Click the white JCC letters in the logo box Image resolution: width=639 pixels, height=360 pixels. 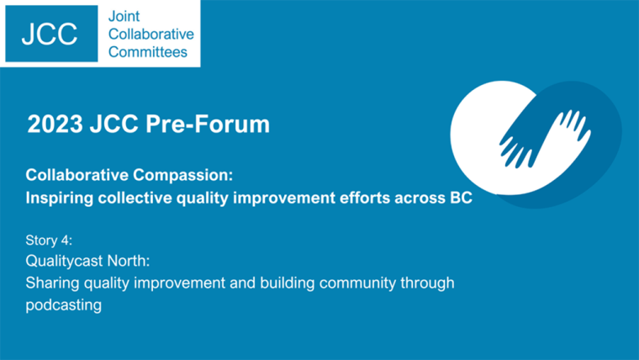[x=50, y=34]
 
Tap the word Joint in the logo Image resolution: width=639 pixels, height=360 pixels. [x=124, y=16]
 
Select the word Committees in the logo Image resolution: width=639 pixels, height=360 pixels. [x=148, y=52]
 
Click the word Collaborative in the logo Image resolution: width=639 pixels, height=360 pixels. [x=151, y=34]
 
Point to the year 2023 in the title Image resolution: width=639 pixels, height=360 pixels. [x=55, y=124]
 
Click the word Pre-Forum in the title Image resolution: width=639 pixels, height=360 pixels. [x=208, y=124]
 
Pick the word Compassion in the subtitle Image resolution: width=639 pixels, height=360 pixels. [x=183, y=175]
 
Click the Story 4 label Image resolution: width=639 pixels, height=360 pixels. [x=49, y=240]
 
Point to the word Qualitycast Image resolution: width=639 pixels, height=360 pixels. [x=64, y=261]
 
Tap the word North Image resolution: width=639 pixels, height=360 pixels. [x=128, y=261]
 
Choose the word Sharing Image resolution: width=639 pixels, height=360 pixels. [x=52, y=283]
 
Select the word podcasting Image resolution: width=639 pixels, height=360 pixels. [x=64, y=305]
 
